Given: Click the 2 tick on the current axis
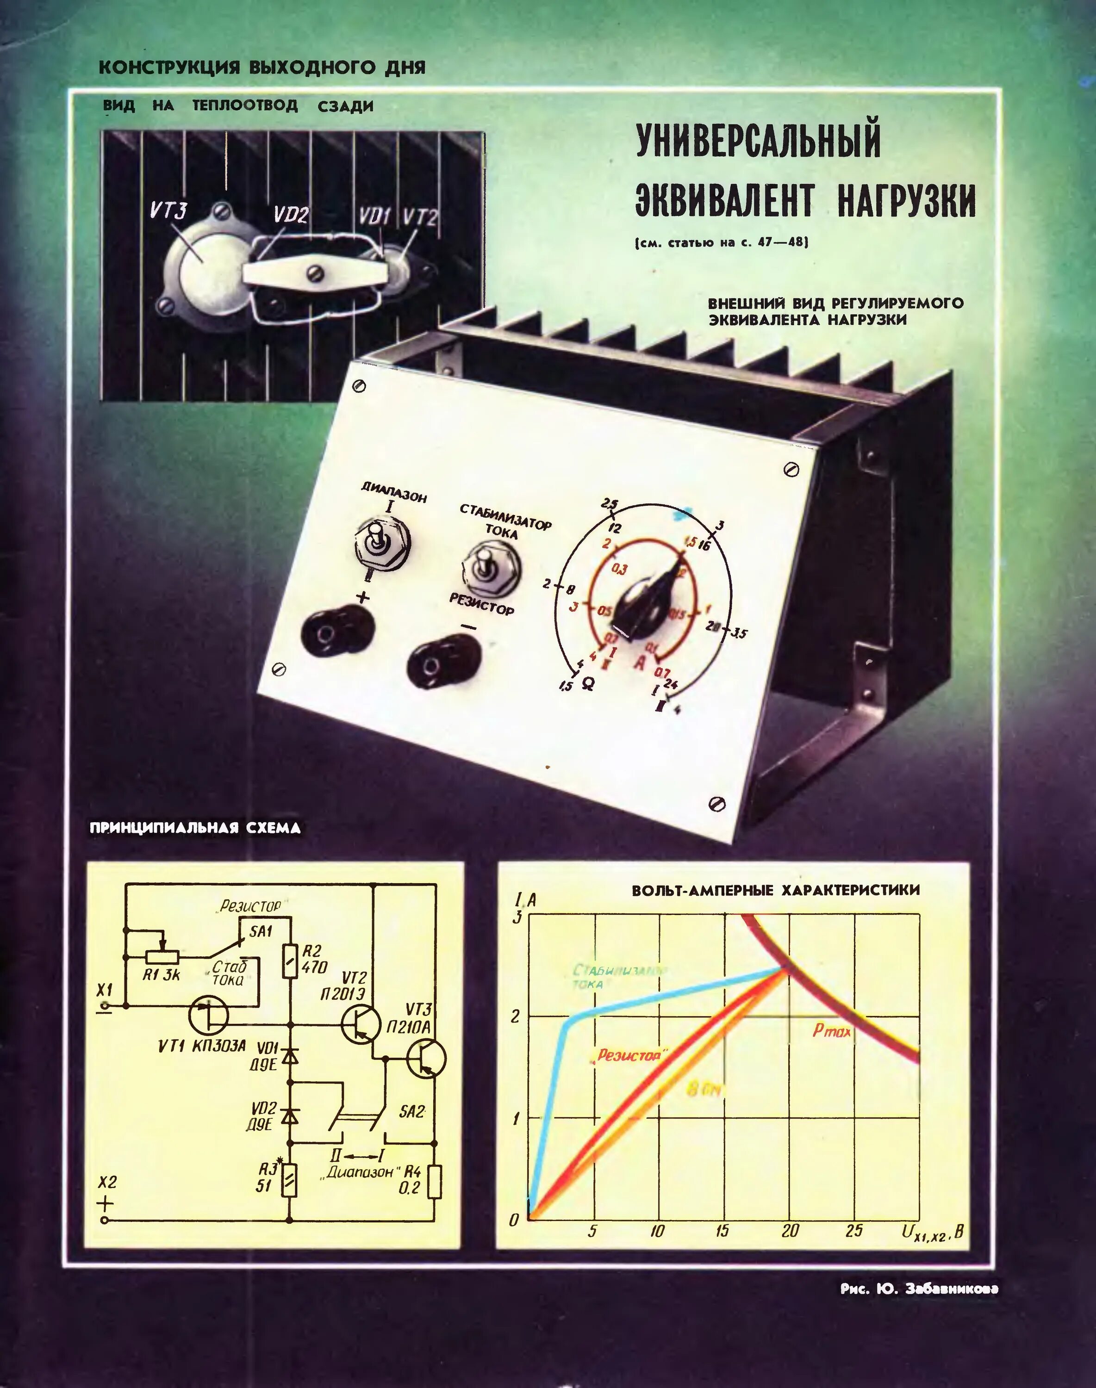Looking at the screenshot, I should coord(515,1016).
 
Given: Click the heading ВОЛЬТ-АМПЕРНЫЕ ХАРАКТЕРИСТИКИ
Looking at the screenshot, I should coord(775,890).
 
